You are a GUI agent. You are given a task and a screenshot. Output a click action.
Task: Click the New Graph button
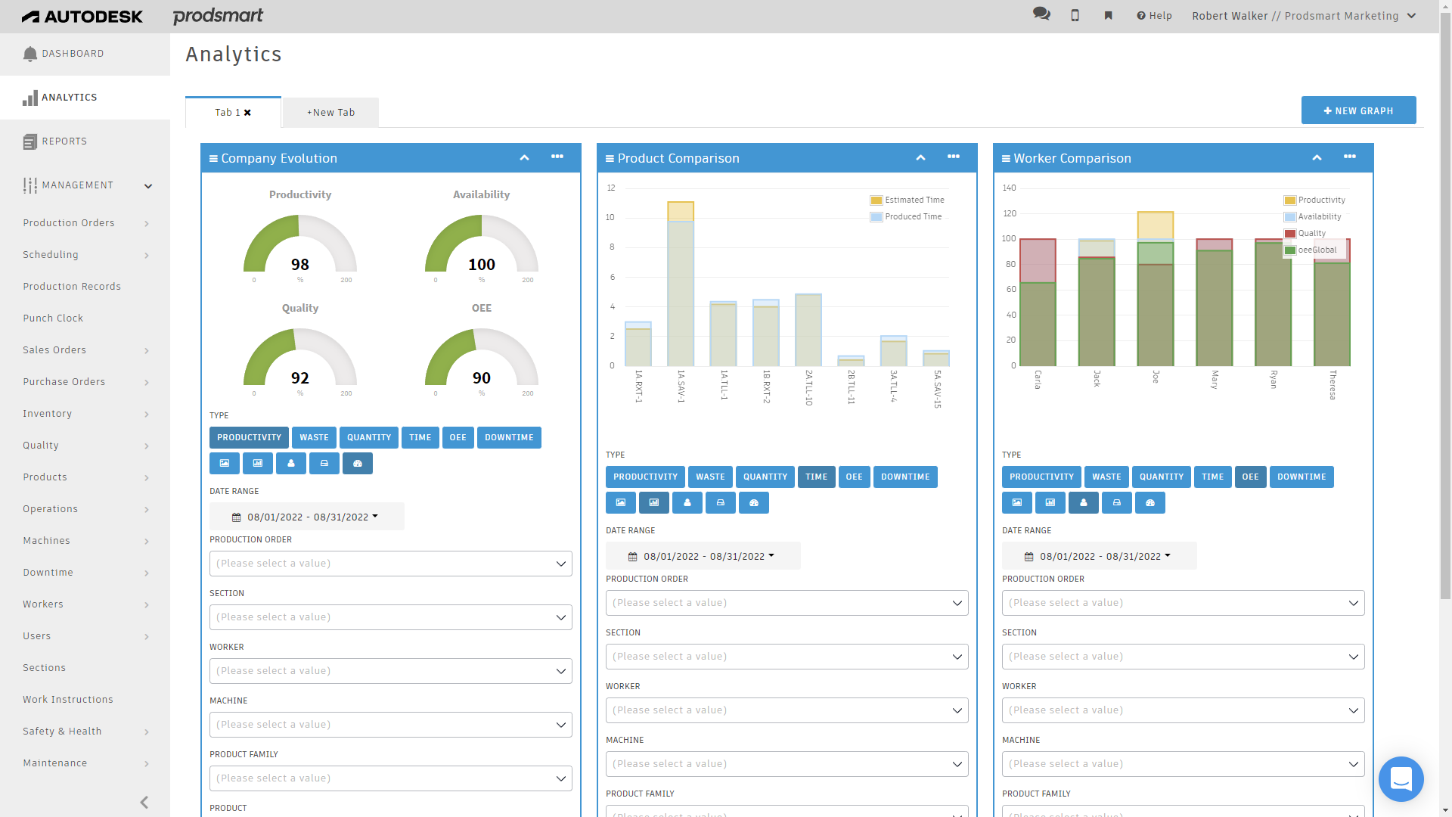[x=1358, y=110]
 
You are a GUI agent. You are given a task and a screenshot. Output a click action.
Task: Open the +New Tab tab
[x=330, y=113]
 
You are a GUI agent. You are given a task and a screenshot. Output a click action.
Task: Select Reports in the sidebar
[x=64, y=141]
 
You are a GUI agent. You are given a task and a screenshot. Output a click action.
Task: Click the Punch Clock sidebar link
[x=53, y=318]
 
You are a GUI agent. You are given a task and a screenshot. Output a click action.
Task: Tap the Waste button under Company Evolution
[x=314, y=438]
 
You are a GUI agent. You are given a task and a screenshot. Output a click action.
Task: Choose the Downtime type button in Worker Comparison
[x=1301, y=477]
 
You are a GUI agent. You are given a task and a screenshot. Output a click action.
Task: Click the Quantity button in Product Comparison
[x=765, y=477]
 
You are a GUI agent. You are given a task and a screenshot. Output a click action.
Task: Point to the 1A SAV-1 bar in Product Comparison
[x=681, y=291]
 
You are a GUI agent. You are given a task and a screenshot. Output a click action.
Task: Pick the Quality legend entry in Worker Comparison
[x=1311, y=234]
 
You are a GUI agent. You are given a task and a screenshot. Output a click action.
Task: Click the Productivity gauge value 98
[x=300, y=265]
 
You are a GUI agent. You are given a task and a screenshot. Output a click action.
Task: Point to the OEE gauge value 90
[x=482, y=378]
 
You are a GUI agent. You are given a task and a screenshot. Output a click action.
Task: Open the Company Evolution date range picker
[x=306, y=517]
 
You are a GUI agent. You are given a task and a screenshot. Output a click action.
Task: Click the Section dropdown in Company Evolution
[x=390, y=617]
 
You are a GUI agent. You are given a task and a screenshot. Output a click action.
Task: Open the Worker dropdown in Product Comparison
[x=786, y=710]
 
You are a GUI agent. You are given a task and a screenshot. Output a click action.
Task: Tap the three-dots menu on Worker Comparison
[x=1349, y=157]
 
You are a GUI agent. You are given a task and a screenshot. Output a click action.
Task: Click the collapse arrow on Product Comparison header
[x=920, y=158]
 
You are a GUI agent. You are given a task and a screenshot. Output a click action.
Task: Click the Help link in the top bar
[x=1154, y=16]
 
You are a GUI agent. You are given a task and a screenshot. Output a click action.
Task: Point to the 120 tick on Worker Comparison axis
[x=1010, y=214]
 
